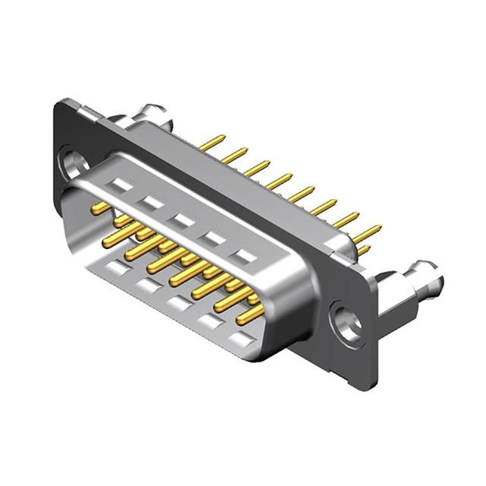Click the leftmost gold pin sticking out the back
click(212, 142)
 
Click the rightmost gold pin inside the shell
click(251, 311)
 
